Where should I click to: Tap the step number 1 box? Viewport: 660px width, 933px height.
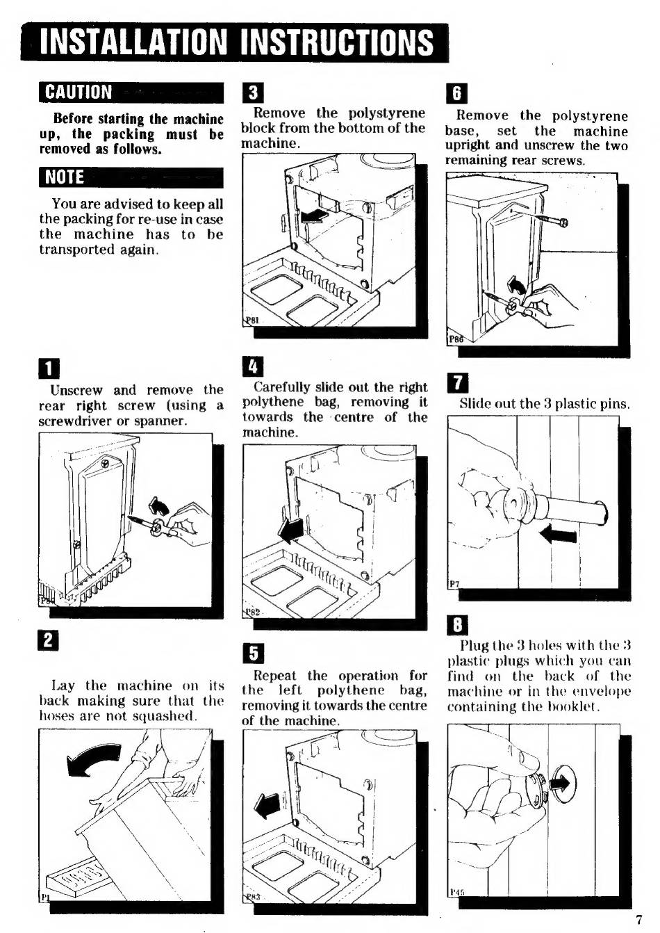click(49, 368)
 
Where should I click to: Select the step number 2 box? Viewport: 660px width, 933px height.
click(48, 640)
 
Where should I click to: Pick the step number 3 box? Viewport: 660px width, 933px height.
click(253, 93)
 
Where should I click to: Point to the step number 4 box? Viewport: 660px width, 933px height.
click(253, 366)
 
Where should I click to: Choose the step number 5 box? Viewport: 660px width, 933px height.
click(253, 653)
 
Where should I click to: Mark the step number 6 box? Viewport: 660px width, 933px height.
click(456, 93)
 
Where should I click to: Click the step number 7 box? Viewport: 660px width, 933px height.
click(457, 383)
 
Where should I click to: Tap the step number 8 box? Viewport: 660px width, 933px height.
click(457, 625)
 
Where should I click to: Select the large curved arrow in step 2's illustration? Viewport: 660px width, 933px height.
click(94, 759)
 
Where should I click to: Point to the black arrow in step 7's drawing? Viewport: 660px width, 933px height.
click(558, 535)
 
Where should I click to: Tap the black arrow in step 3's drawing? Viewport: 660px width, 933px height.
click(315, 216)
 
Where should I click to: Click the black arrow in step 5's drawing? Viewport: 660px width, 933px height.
click(267, 807)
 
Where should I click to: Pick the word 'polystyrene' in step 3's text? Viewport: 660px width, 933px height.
click(386, 113)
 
